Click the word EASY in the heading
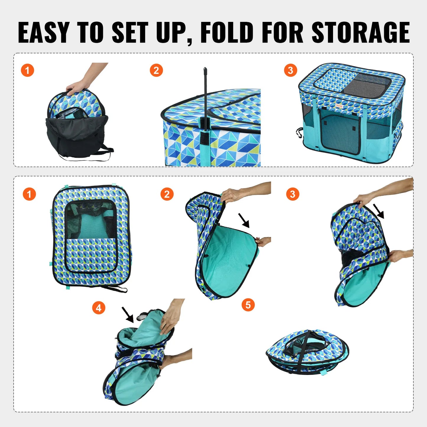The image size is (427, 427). tap(44, 33)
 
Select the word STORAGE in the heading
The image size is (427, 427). tap(361, 33)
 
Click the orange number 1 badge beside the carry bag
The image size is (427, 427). tap(27, 70)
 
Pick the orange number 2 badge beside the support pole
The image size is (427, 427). tap(156, 70)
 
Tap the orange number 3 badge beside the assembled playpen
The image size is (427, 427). tap(290, 70)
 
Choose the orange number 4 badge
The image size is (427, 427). tap(99, 308)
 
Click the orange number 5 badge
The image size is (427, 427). tap(248, 305)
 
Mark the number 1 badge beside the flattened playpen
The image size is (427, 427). tap(29, 194)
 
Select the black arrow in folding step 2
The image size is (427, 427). tap(244, 220)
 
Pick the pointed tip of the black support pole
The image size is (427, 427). tap(205, 70)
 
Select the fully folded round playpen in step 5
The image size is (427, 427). tap(307, 352)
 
